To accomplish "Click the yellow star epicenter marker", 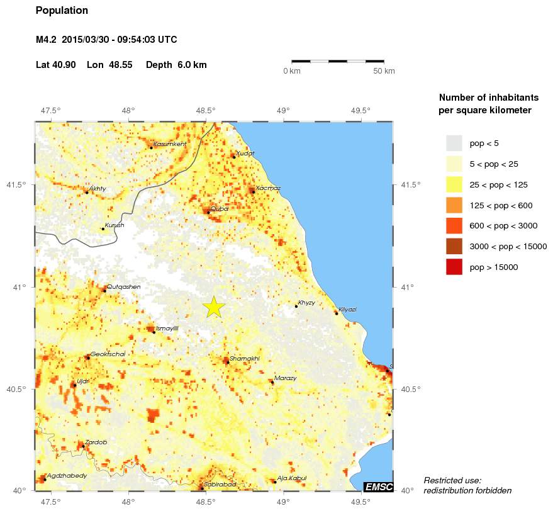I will pyautogui.click(x=214, y=307).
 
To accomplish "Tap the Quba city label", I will pyautogui.click(x=220, y=208).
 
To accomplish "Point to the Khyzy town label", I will pyautogui.click(x=306, y=303).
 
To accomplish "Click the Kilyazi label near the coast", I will pyautogui.click(x=347, y=309).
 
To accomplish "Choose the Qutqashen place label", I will pyautogui.click(x=123, y=286).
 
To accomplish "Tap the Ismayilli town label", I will pyautogui.click(x=167, y=328).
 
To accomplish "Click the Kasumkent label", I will pyautogui.click(x=169, y=144).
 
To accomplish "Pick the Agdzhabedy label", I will pyautogui.click(x=67, y=475).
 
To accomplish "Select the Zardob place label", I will pyautogui.click(x=96, y=442).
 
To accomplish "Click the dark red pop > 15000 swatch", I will pyautogui.click(x=454, y=267).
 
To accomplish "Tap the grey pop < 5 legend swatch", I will pyautogui.click(x=454, y=143).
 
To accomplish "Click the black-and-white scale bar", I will pyautogui.click(x=338, y=61).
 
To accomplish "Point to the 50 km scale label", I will pyautogui.click(x=384, y=71).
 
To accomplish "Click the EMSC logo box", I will pyautogui.click(x=378, y=486).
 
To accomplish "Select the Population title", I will pyautogui.click(x=62, y=11).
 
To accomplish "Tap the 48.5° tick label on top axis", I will pyautogui.click(x=206, y=111).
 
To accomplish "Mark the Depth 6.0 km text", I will pyautogui.click(x=176, y=65).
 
